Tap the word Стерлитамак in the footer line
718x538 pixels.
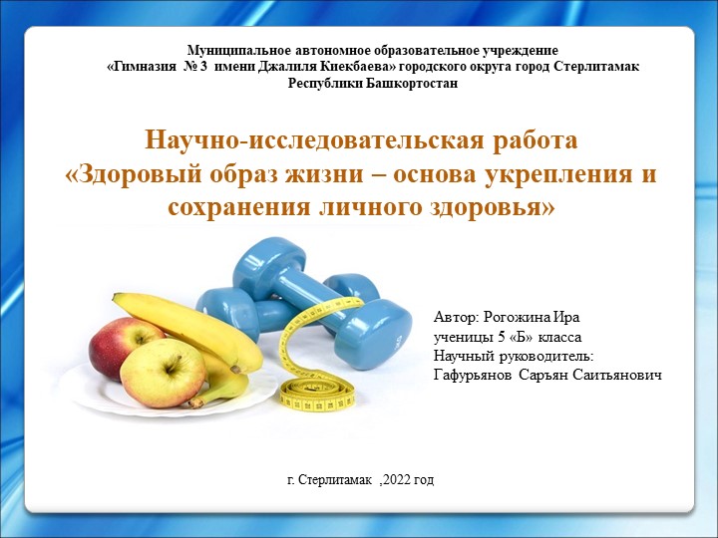(336, 480)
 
